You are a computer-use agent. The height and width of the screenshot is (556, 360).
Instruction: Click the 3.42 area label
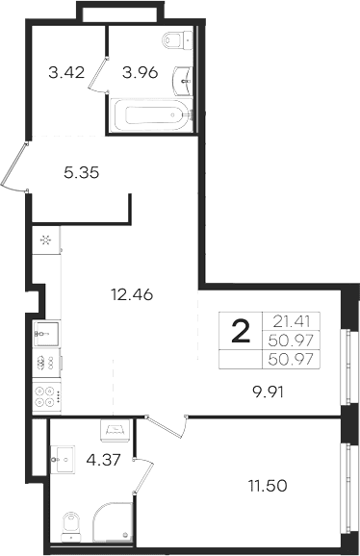coord(66,73)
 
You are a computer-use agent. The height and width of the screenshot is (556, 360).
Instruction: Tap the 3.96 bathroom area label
coord(141,73)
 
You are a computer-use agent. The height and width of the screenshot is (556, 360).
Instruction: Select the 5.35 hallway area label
coord(81,173)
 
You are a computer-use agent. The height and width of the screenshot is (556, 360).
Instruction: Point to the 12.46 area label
coord(132,294)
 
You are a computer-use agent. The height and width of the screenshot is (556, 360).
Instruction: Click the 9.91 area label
coord(269,392)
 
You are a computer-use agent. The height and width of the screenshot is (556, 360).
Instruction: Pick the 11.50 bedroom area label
coord(268,486)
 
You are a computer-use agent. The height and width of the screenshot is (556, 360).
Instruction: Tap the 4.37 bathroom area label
coord(104,460)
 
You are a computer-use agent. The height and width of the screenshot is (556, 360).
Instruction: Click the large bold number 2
coord(241,331)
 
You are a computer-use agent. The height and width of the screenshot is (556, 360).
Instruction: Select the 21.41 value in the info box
coord(292,322)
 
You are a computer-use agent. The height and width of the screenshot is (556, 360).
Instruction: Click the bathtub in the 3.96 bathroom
coord(151,114)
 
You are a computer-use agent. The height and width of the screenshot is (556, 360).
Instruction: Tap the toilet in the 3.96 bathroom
coord(178,40)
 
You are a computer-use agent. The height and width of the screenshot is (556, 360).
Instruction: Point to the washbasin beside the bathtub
coord(183,81)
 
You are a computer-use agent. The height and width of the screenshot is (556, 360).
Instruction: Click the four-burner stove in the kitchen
coord(46,396)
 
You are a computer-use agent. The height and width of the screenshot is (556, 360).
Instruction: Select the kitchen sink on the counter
coord(46,333)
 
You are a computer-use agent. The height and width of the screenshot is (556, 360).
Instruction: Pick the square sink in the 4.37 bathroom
coord(63,460)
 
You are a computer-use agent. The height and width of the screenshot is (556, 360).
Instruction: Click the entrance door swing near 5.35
coord(14,167)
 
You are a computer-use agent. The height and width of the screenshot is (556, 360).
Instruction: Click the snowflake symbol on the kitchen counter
coord(45,240)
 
